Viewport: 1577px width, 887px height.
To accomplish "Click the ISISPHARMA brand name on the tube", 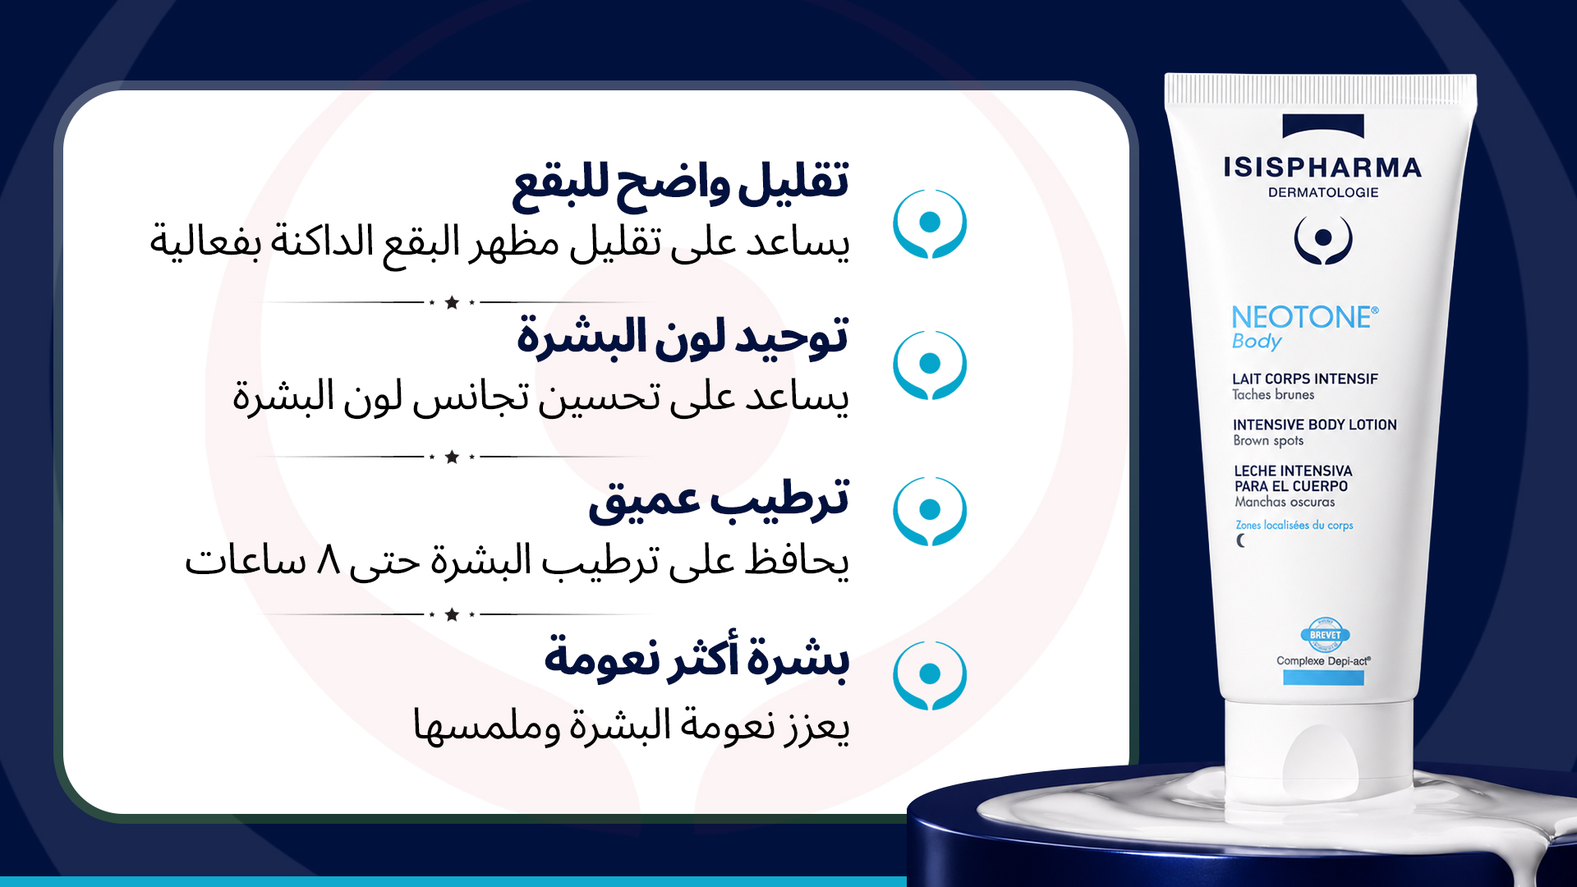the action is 1322,168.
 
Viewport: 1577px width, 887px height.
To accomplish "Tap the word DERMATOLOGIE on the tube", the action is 1323,193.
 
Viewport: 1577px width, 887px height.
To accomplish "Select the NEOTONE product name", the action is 1304,317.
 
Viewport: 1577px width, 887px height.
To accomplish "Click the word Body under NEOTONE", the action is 1257,342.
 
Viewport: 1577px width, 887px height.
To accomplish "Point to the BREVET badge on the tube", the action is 1325,635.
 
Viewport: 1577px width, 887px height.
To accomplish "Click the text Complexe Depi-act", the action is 1323,660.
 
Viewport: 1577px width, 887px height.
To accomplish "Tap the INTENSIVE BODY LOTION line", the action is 1314,425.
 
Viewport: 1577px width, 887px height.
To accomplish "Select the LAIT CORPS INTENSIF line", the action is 1305,379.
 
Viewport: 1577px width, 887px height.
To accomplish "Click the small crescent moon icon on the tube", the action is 1241,540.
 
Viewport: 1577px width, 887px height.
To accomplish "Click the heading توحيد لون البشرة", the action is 683,337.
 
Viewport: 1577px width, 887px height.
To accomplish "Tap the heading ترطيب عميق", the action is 719,499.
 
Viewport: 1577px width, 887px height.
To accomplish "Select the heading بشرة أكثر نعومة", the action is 697,657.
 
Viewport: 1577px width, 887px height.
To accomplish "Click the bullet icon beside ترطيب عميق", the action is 930,511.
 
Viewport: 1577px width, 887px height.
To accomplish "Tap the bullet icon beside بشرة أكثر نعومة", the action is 930,675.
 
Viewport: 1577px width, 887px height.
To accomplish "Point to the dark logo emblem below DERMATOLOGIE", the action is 1323,239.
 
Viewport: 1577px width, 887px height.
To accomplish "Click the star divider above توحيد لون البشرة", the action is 452,302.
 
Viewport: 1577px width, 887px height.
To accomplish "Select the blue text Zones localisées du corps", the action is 1294,525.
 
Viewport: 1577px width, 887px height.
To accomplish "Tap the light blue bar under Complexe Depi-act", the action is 1323,678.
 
